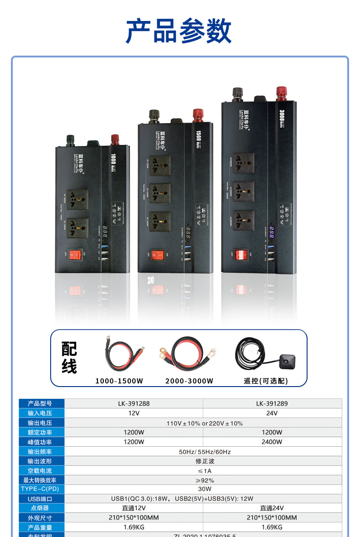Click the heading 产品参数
tap(179, 31)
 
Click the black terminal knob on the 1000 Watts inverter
tap(71, 139)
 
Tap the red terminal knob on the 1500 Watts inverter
tap(198, 114)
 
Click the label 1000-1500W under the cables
tap(119, 381)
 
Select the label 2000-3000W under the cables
tap(189, 381)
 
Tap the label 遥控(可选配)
tap(266, 381)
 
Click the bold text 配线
tap(69, 358)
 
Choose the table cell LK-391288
tap(134, 403)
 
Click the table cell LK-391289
tap(272, 403)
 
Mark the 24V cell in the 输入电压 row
tap(272, 413)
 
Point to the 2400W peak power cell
tap(272, 442)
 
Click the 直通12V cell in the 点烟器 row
tap(134, 508)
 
